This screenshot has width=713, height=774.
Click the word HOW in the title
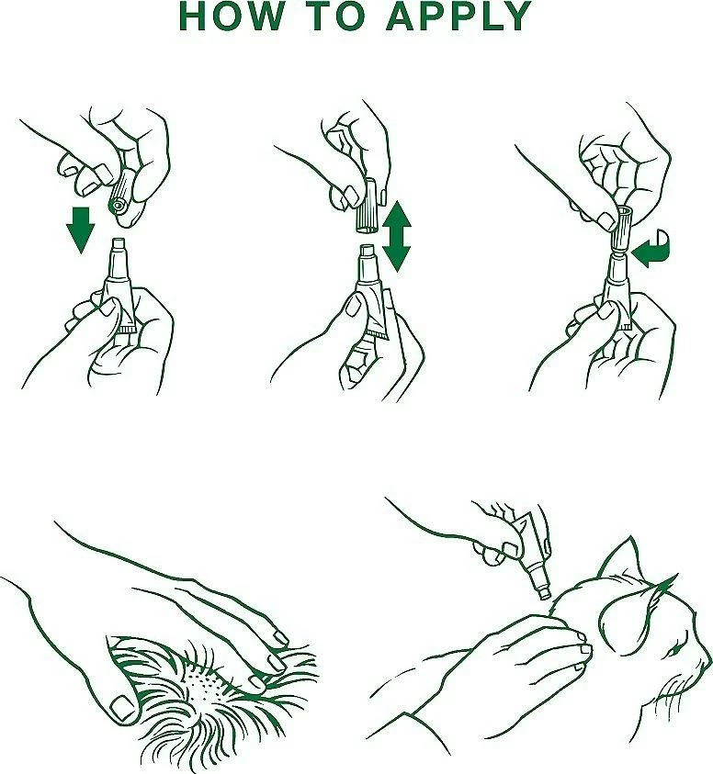click(232, 16)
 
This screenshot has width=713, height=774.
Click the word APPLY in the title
click(459, 16)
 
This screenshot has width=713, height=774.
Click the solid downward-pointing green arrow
click(81, 230)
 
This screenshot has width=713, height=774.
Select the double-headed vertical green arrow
click(396, 236)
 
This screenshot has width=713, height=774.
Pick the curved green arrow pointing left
click(651, 251)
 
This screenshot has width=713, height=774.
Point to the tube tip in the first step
click(119, 244)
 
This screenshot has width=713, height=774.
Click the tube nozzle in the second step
click(368, 252)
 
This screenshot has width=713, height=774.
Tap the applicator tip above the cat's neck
click(545, 591)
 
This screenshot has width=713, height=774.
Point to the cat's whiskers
click(671, 691)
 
